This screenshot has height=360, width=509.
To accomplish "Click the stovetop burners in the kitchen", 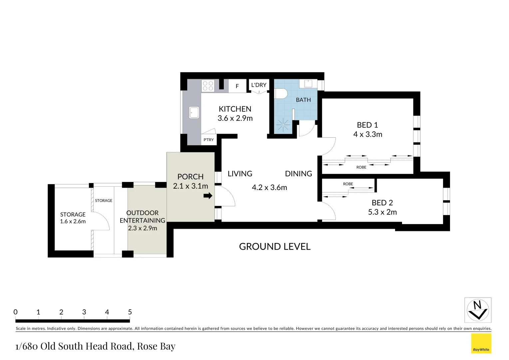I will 208,86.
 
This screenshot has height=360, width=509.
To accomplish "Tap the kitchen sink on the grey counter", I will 194,112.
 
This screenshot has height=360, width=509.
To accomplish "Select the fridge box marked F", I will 237,86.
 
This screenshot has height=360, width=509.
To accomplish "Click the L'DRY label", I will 259,85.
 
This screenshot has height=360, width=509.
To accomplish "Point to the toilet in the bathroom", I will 281,93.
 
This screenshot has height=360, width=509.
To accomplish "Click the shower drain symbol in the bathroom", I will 283,125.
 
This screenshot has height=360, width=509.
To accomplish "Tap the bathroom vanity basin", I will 308,83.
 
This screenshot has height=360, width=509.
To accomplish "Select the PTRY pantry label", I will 209,140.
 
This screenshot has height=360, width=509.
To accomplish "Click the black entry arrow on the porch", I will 208,196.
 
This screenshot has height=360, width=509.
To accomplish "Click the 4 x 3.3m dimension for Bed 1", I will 368,134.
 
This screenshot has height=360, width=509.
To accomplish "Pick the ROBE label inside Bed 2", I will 348,184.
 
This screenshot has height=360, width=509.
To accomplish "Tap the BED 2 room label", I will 382,203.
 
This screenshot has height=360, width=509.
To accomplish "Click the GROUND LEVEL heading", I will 275,247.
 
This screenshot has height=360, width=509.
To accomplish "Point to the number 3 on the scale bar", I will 84,312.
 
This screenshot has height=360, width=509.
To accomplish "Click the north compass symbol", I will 478,310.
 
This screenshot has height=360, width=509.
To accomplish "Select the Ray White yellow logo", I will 481,343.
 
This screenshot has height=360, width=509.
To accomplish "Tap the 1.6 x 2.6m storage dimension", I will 73,221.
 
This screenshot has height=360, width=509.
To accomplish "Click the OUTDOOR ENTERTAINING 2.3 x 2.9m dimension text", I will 143,228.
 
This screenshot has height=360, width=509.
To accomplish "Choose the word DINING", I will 298,174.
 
